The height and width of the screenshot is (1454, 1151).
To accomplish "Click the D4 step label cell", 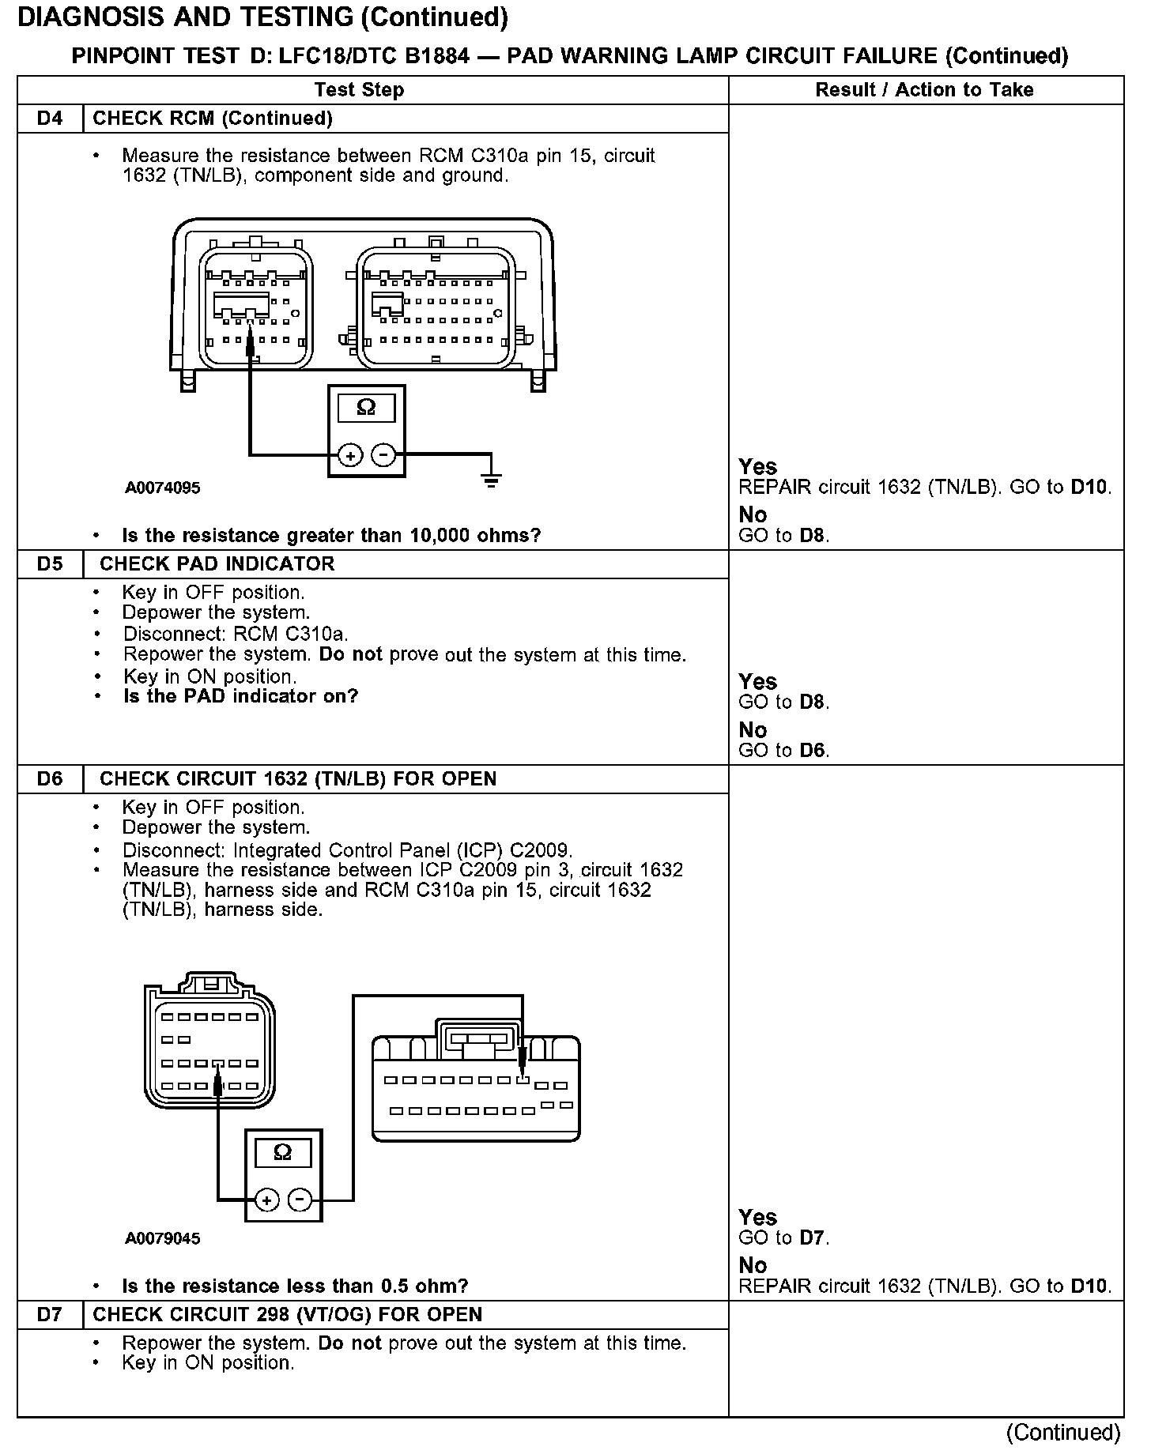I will coord(50,119).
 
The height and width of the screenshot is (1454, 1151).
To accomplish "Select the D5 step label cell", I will coord(50,564).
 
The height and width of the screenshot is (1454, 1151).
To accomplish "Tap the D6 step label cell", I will coord(50,779).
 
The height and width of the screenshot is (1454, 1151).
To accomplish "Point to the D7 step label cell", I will coord(50,1315).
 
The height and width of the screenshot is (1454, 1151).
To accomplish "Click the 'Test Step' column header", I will coord(359,90).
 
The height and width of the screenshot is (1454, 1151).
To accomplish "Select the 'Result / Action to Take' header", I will coord(924,90).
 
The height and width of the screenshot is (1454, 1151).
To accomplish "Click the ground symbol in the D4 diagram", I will coord(491,477).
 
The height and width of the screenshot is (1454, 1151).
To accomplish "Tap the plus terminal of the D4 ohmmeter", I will coord(349,455).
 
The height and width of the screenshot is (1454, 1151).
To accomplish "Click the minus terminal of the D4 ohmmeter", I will coord(383,455).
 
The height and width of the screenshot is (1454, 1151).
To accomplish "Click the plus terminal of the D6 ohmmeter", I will coord(266,1200).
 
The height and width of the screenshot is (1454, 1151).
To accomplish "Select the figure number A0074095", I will coord(163,488).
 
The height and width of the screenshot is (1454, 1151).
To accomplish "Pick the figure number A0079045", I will coord(163,1238).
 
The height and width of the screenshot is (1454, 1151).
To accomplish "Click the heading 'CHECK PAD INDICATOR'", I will coord(217,564).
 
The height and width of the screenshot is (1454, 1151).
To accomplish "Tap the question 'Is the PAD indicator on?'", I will coord(240,696).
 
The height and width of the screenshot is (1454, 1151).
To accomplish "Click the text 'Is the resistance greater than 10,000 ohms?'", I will coord(331,536).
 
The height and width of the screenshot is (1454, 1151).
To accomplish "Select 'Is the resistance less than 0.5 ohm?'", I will coord(295,1286).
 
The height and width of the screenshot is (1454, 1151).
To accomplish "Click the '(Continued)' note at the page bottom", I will coord(1062,1433).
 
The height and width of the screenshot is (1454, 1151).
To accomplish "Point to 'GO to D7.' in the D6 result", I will coord(783,1238).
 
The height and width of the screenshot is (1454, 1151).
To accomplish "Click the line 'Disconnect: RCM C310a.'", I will coord(235,634).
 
